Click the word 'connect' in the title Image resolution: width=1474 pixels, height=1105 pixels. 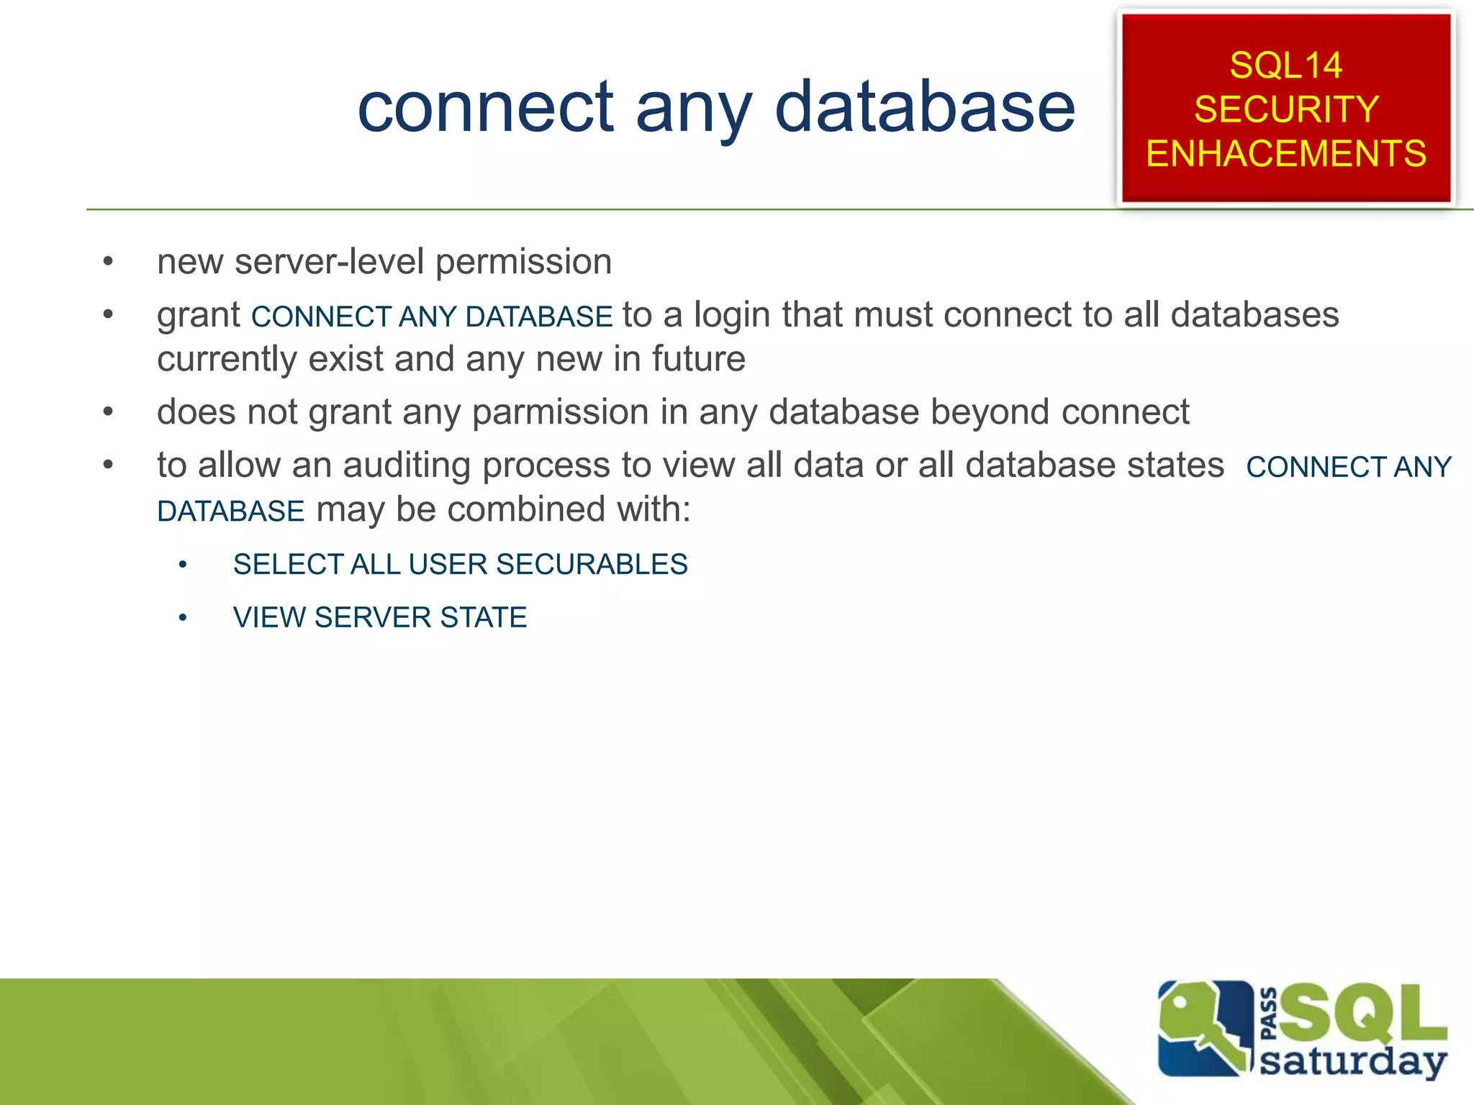(x=486, y=108)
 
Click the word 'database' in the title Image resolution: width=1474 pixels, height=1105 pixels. (x=925, y=108)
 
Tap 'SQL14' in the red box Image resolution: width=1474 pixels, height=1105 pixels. (x=1285, y=65)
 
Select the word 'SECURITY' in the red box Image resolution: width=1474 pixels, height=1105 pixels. (x=1286, y=109)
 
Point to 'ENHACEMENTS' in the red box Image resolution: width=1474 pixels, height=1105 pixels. (x=1286, y=154)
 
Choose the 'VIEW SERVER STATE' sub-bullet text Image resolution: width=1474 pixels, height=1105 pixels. (x=380, y=618)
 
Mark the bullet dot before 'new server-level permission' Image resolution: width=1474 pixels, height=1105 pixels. (x=108, y=262)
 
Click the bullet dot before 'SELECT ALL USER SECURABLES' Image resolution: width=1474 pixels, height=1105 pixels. (x=183, y=565)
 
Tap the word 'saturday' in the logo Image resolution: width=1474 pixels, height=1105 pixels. (x=1353, y=1062)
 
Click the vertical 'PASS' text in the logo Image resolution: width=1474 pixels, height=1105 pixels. (x=1270, y=1014)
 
